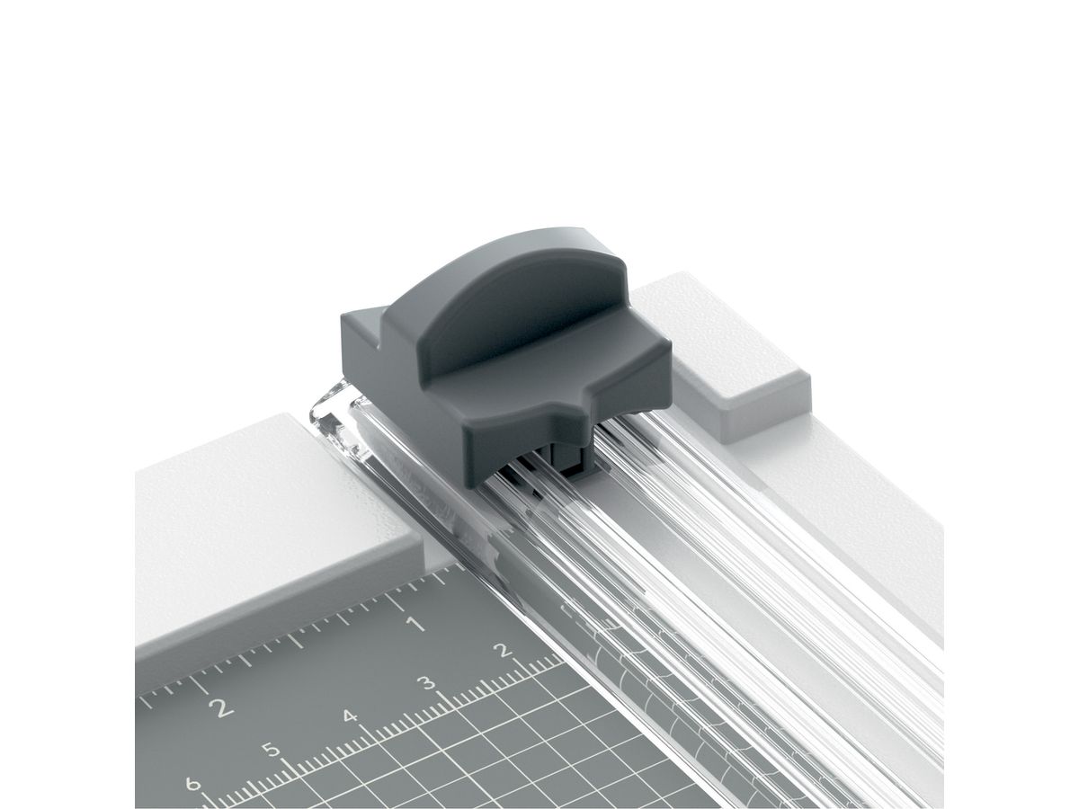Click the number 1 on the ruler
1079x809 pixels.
tap(415, 623)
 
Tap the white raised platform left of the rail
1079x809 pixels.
tap(270, 512)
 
